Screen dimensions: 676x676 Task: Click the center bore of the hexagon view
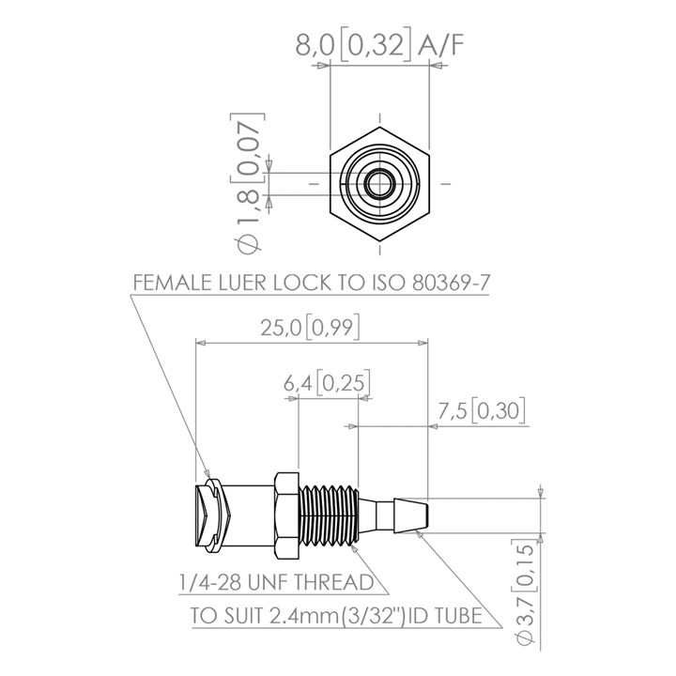(x=380, y=182)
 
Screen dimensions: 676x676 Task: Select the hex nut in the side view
(x=284, y=515)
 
